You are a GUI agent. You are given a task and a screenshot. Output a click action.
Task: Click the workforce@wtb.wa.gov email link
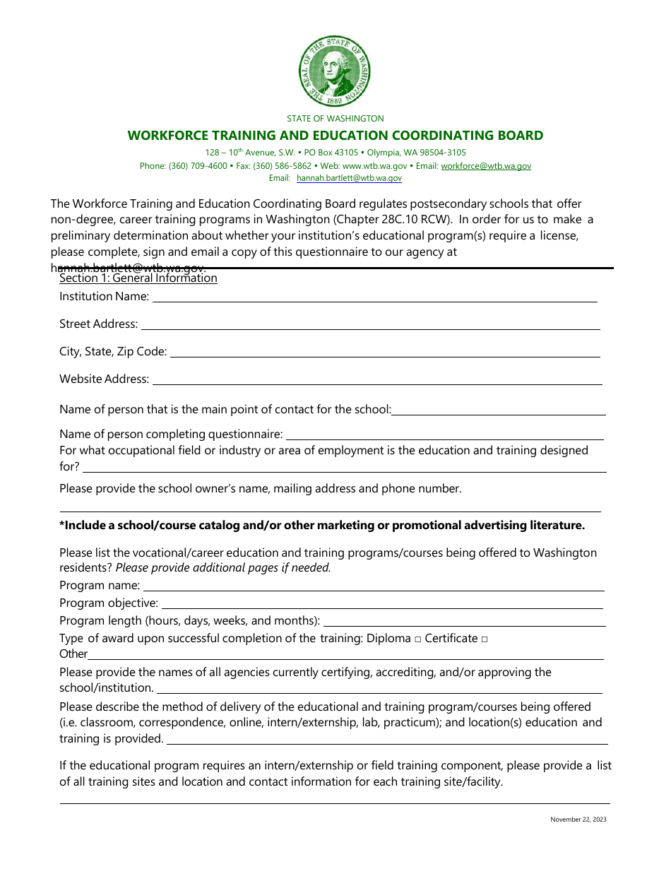click(x=486, y=166)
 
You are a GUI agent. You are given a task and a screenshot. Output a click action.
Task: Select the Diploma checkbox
click(x=418, y=639)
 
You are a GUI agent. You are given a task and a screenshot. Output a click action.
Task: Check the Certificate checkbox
click(x=484, y=639)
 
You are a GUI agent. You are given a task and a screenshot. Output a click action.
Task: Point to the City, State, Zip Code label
click(x=113, y=351)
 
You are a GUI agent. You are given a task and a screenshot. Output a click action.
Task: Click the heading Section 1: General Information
click(x=138, y=278)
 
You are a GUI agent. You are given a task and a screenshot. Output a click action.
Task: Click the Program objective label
click(x=109, y=603)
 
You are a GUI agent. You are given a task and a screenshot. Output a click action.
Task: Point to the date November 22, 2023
click(x=578, y=820)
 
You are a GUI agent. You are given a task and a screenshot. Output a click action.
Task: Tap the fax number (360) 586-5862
click(x=283, y=166)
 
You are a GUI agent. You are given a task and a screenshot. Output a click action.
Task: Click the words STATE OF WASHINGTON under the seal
click(x=335, y=119)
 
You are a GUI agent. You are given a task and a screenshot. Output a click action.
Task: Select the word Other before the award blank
click(x=73, y=654)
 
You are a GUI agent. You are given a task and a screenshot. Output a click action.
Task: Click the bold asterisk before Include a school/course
click(x=62, y=525)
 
